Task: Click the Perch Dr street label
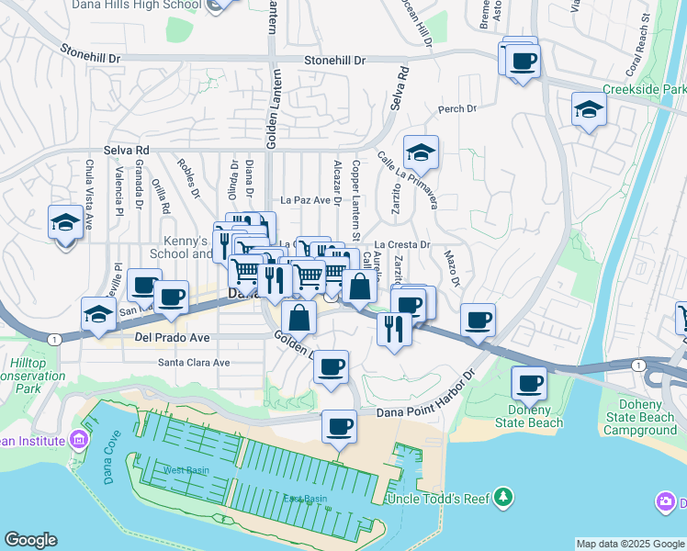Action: (x=457, y=108)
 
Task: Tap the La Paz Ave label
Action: (x=305, y=199)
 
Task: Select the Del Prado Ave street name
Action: (x=172, y=338)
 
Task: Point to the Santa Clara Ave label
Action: (x=194, y=362)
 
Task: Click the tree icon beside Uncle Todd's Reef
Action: (x=502, y=498)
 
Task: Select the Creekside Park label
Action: (x=644, y=90)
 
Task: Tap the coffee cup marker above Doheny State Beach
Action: (x=529, y=382)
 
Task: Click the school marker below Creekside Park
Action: (x=589, y=111)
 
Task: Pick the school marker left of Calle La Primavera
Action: (x=421, y=152)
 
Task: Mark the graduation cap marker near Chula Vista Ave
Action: (x=65, y=222)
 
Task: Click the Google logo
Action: (x=30, y=540)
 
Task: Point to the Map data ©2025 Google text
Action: (x=630, y=544)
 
